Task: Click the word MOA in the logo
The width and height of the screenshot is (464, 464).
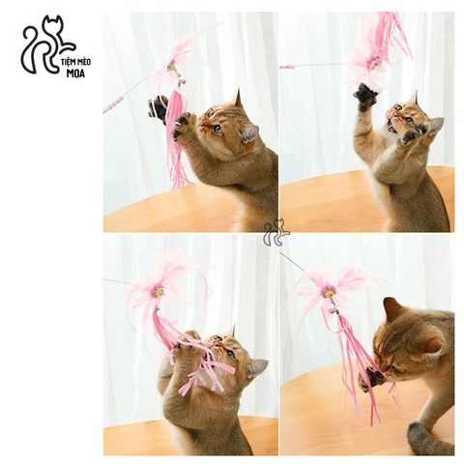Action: coord(75,73)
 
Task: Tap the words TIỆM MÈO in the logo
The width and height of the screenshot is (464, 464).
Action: coord(75,62)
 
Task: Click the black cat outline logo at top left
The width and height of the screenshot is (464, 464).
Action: coord(48,44)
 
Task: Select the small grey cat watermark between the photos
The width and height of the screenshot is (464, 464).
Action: coord(276,232)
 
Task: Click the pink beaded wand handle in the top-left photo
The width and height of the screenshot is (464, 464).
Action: coord(113,104)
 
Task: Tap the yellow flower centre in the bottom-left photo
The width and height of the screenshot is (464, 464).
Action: coord(159,292)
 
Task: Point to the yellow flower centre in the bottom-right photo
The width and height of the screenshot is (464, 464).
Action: coord(329,293)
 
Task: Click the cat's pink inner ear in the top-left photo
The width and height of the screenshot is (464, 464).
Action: coord(249,133)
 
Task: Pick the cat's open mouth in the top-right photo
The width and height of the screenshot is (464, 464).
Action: coord(391,127)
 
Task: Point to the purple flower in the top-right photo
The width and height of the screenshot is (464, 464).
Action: coord(374,63)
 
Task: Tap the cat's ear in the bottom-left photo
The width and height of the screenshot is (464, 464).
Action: coord(257,367)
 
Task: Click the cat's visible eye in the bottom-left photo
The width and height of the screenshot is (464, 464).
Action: coord(231,354)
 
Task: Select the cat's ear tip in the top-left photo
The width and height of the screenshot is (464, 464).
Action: coord(239,91)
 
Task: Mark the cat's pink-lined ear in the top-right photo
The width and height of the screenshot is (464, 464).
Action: coord(436,126)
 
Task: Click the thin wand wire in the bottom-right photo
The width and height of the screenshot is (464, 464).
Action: coord(292,262)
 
